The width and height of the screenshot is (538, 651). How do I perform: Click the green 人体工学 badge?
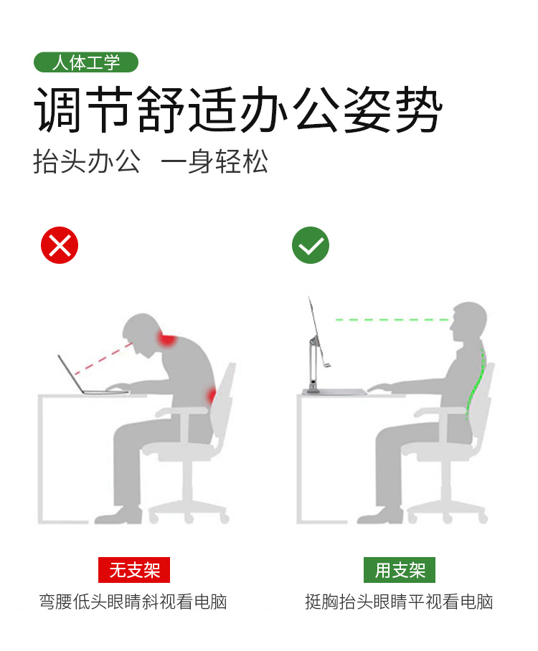pyautogui.click(x=85, y=62)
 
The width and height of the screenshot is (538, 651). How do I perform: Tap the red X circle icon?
pyautogui.click(x=60, y=245)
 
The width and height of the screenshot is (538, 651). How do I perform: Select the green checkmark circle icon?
pyautogui.click(x=311, y=245)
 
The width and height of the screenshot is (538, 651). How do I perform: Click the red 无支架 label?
pyautogui.click(x=134, y=569)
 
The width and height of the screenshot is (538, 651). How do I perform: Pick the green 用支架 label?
pyautogui.click(x=400, y=569)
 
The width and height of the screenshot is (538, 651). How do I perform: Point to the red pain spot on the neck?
pyautogui.click(x=166, y=339)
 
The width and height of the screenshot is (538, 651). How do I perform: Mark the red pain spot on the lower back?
pyautogui.click(x=212, y=396)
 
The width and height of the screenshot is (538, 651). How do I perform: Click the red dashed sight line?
pyautogui.click(x=103, y=358)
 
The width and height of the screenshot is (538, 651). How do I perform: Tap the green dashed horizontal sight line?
pyautogui.click(x=392, y=320)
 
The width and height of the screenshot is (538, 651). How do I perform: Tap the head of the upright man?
pyautogui.click(x=468, y=323)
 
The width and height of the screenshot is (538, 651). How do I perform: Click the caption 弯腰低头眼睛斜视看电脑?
pyautogui.click(x=133, y=602)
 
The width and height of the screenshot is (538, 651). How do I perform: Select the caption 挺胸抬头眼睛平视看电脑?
pyautogui.click(x=399, y=602)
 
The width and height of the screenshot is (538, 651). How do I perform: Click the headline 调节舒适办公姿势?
pyautogui.click(x=238, y=110)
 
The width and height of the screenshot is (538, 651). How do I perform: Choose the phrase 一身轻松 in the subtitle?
pyautogui.click(x=214, y=161)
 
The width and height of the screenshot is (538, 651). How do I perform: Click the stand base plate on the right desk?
pyautogui.click(x=334, y=392)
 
